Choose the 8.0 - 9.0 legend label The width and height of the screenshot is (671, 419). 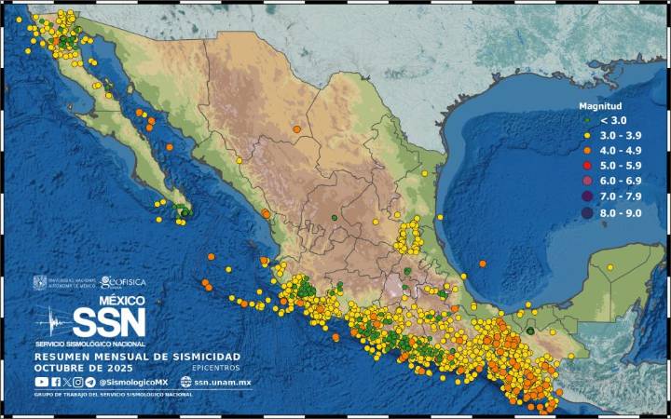pos(621,212)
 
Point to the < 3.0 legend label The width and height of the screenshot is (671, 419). pos(612,120)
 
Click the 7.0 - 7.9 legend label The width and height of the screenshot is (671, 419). pos(621,196)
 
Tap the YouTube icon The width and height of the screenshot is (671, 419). pos(41,382)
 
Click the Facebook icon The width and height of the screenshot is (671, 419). pos(55,382)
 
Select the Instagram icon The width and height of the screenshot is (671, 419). pos(77,382)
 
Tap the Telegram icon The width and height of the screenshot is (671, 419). pos(89,382)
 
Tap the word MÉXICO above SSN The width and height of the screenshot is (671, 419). pos(122,301)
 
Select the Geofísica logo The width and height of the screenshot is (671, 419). pos(119,281)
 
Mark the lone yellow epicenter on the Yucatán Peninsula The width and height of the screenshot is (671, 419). pos(609,267)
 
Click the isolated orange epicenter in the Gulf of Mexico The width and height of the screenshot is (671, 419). pos(483,264)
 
